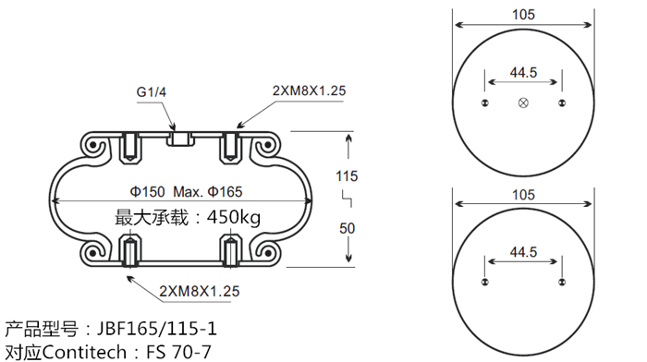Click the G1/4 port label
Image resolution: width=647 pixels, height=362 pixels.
point(151,92)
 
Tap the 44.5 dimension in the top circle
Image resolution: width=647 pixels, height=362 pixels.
point(523,73)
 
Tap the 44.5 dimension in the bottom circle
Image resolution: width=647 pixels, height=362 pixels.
point(523,251)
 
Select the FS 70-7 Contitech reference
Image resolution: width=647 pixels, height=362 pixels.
point(178,351)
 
